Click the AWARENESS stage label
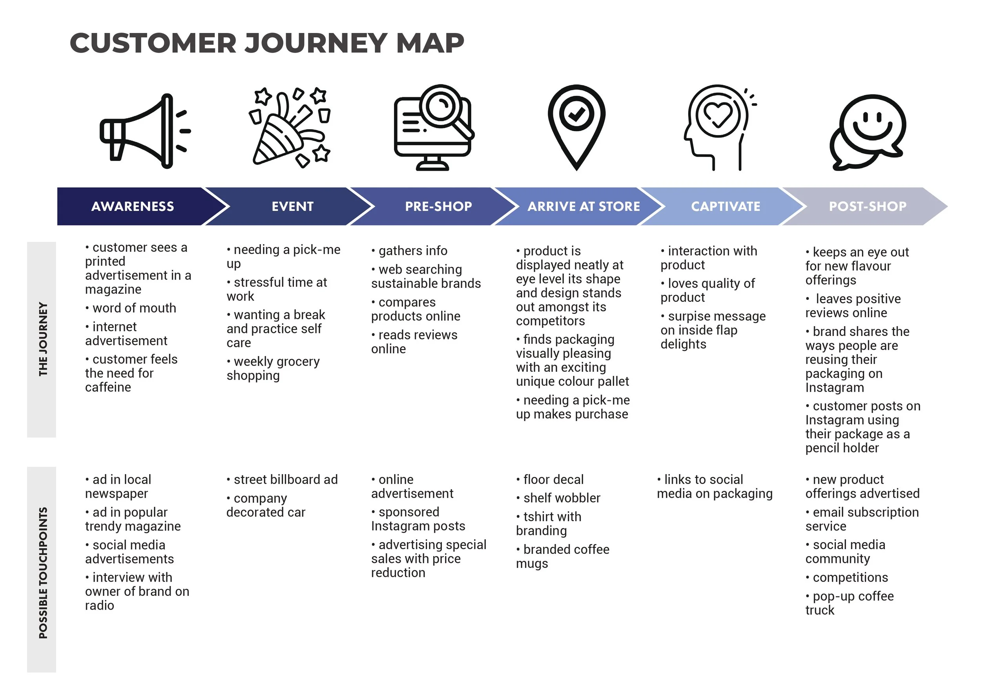[133, 206]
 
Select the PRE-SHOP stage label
[438, 206]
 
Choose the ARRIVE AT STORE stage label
[583, 206]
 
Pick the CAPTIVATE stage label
[726, 206]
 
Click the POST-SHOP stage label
[867, 206]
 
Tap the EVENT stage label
[293, 206]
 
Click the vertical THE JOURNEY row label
[42, 339]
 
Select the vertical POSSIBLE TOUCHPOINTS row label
[42, 573]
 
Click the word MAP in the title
[430, 43]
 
